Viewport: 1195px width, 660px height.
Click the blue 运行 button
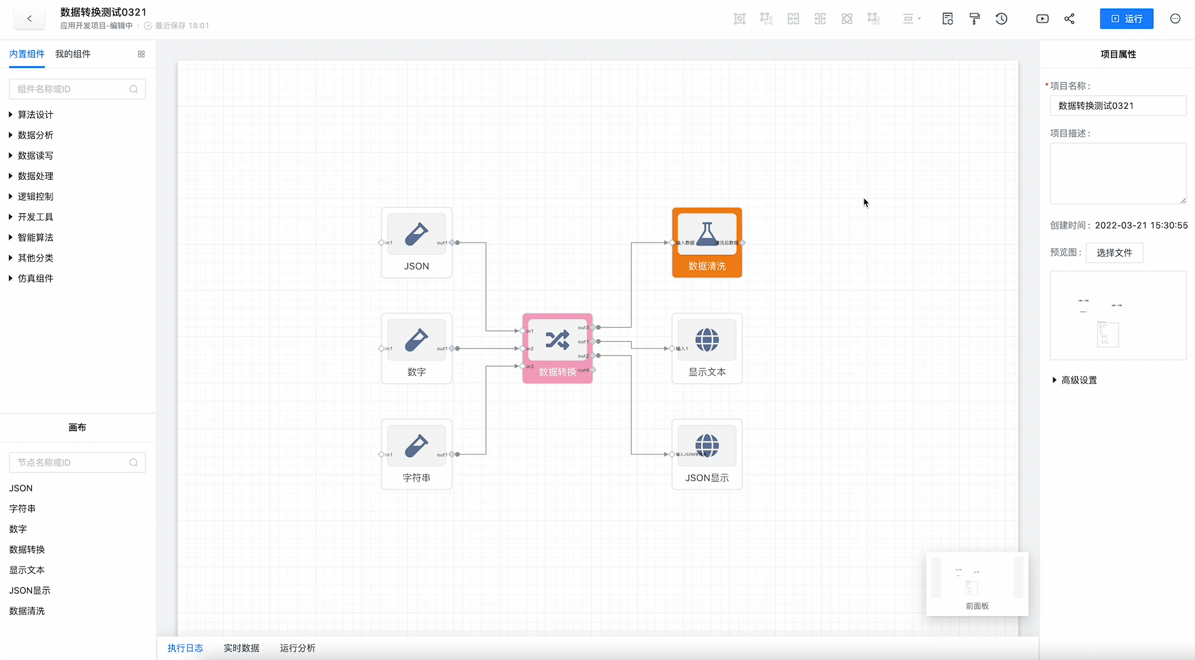pos(1126,19)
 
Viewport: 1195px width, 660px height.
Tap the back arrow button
pos(29,19)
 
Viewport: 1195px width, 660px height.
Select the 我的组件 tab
pos(73,54)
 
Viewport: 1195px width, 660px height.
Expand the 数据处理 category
pos(35,176)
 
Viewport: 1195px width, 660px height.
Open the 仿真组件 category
pos(35,278)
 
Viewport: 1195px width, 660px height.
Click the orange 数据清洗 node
pos(707,243)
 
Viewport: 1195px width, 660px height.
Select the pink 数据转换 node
pos(557,348)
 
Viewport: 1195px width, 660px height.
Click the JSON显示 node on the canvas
pos(707,454)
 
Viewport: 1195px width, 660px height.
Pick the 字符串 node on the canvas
pos(417,454)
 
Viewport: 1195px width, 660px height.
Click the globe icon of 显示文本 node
pos(707,340)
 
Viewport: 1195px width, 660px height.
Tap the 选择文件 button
pos(1114,252)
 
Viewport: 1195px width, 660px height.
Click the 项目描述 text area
pos(1117,174)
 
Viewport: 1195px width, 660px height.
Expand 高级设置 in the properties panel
pos(1078,380)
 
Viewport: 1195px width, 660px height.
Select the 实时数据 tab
pos(241,648)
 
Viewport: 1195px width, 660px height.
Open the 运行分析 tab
pos(298,648)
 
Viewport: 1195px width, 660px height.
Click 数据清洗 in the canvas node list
pos(27,610)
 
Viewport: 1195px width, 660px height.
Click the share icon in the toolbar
pos(1069,19)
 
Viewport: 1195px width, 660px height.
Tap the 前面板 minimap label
pos(977,606)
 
